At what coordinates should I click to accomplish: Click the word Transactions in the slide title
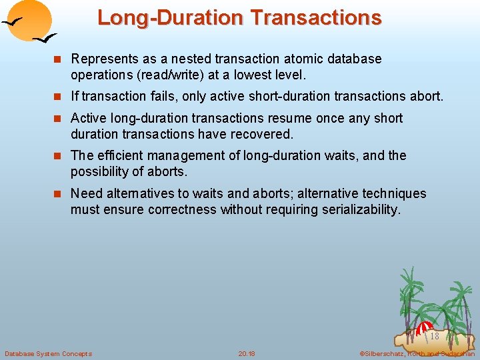pos(317,17)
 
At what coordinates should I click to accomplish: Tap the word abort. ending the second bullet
pos(426,97)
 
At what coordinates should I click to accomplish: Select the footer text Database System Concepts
pos(48,353)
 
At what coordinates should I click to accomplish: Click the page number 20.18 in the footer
pos(247,353)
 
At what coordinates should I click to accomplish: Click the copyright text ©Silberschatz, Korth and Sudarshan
pos(417,353)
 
